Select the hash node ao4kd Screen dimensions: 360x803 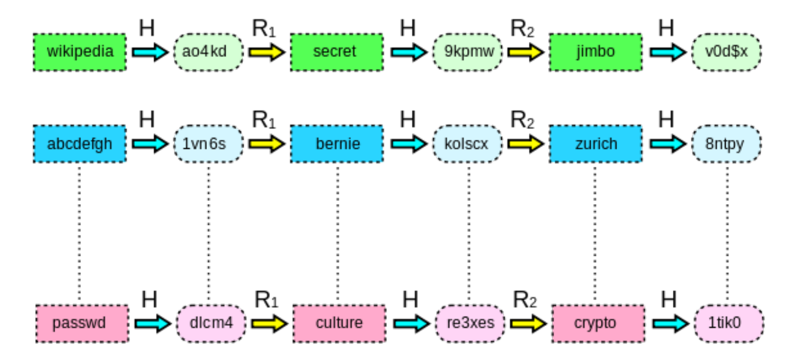click(209, 52)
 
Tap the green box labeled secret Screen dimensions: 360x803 click(337, 52)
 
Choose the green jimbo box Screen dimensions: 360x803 click(596, 52)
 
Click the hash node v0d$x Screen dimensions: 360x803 click(726, 52)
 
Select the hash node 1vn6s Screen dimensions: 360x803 click(209, 145)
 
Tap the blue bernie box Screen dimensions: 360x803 click(337, 145)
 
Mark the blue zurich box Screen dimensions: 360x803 click(596, 145)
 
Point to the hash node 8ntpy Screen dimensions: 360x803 click(726, 145)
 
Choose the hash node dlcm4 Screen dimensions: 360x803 click(211, 323)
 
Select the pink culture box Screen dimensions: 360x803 click(339, 323)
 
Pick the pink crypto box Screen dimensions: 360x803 click(598, 323)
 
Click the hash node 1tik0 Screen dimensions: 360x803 click(729, 323)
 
